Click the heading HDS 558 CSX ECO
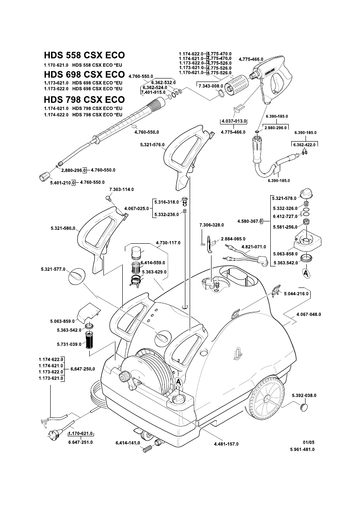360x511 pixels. (x=84, y=55)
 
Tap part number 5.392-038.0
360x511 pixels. (x=302, y=395)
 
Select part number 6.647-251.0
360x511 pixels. (x=80, y=442)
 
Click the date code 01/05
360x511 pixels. (x=309, y=442)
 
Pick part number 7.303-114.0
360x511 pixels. (x=121, y=189)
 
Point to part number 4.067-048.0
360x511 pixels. (x=309, y=314)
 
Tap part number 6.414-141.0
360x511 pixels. (x=128, y=442)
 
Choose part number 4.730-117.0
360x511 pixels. (x=168, y=243)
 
